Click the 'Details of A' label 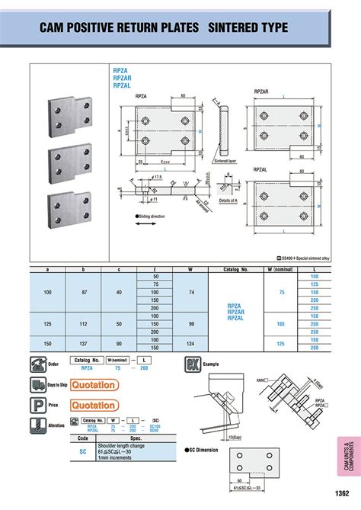click(x=231, y=200)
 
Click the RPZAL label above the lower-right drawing click(x=260, y=170)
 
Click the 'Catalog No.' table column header click(x=235, y=270)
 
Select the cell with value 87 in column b click(x=85, y=291)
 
